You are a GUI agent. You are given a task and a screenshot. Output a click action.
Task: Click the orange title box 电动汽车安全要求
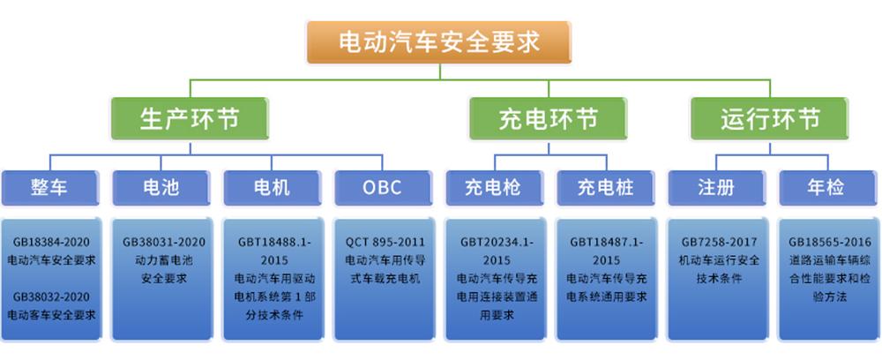click(439, 42)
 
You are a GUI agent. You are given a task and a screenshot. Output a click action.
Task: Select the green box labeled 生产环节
click(189, 118)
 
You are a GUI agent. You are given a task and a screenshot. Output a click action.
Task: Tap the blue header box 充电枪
click(494, 187)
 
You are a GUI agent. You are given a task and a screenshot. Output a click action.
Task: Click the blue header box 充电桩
click(605, 187)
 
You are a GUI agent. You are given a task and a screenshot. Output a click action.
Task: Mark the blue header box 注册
click(716, 187)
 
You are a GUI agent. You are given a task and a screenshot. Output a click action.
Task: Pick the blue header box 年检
click(826, 187)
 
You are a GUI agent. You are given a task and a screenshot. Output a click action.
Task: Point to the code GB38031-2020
click(163, 241)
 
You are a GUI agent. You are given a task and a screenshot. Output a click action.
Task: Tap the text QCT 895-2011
click(383, 241)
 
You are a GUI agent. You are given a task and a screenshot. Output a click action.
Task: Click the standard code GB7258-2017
click(715, 241)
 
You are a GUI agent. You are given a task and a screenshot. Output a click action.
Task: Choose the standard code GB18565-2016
click(827, 241)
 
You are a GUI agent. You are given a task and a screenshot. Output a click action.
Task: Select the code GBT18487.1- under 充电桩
click(607, 241)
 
